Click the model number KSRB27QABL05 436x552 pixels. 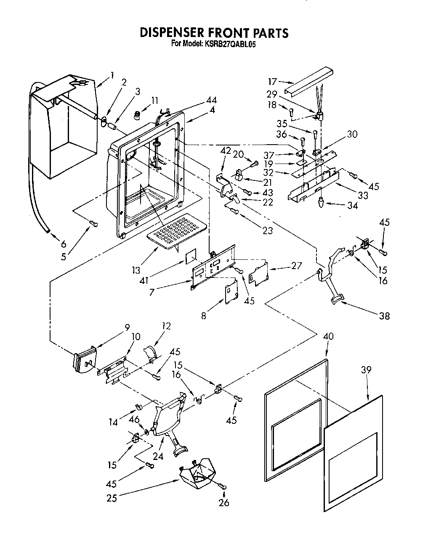[231, 44]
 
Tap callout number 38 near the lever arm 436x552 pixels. [384, 316]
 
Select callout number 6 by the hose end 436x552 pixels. [64, 244]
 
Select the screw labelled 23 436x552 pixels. [234, 212]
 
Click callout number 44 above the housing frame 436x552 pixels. [212, 100]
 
